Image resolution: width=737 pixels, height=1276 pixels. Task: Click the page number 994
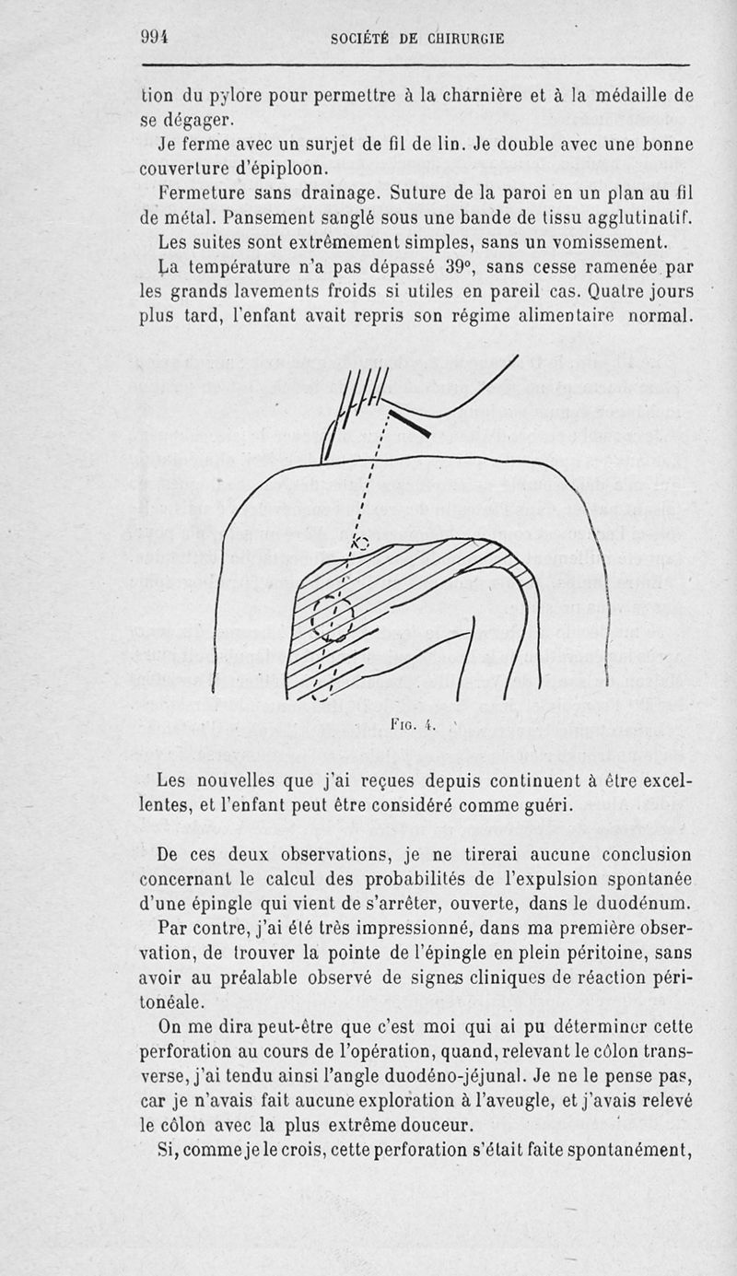157,38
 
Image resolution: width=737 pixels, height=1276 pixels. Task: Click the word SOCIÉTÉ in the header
361,39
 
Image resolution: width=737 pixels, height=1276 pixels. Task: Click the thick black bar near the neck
410,424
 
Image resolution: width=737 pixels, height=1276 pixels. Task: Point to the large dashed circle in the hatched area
332,615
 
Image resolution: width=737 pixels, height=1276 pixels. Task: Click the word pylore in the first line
236,95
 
